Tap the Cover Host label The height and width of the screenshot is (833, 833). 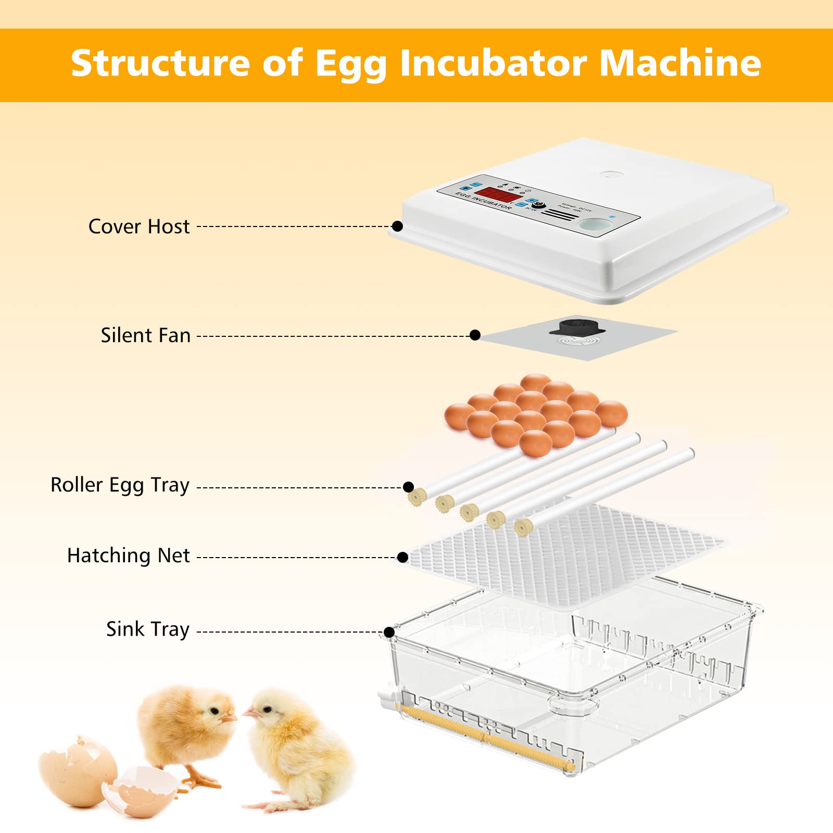click(x=139, y=226)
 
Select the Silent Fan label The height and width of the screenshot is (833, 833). click(x=146, y=335)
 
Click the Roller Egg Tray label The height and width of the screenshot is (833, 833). click(x=120, y=485)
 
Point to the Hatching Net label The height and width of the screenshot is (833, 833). click(x=128, y=556)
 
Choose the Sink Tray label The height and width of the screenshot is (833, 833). click(x=148, y=629)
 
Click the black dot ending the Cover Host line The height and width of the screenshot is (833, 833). click(x=397, y=226)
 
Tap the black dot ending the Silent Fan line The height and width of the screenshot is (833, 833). click(x=475, y=335)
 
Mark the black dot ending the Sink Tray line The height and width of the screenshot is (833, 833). click(x=389, y=632)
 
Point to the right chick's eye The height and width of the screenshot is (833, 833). click(x=268, y=710)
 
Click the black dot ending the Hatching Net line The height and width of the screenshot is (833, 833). click(x=402, y=557)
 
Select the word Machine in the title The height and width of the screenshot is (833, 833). click(x=680, y=63)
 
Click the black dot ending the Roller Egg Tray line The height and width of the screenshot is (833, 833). click(x=409, y=487)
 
